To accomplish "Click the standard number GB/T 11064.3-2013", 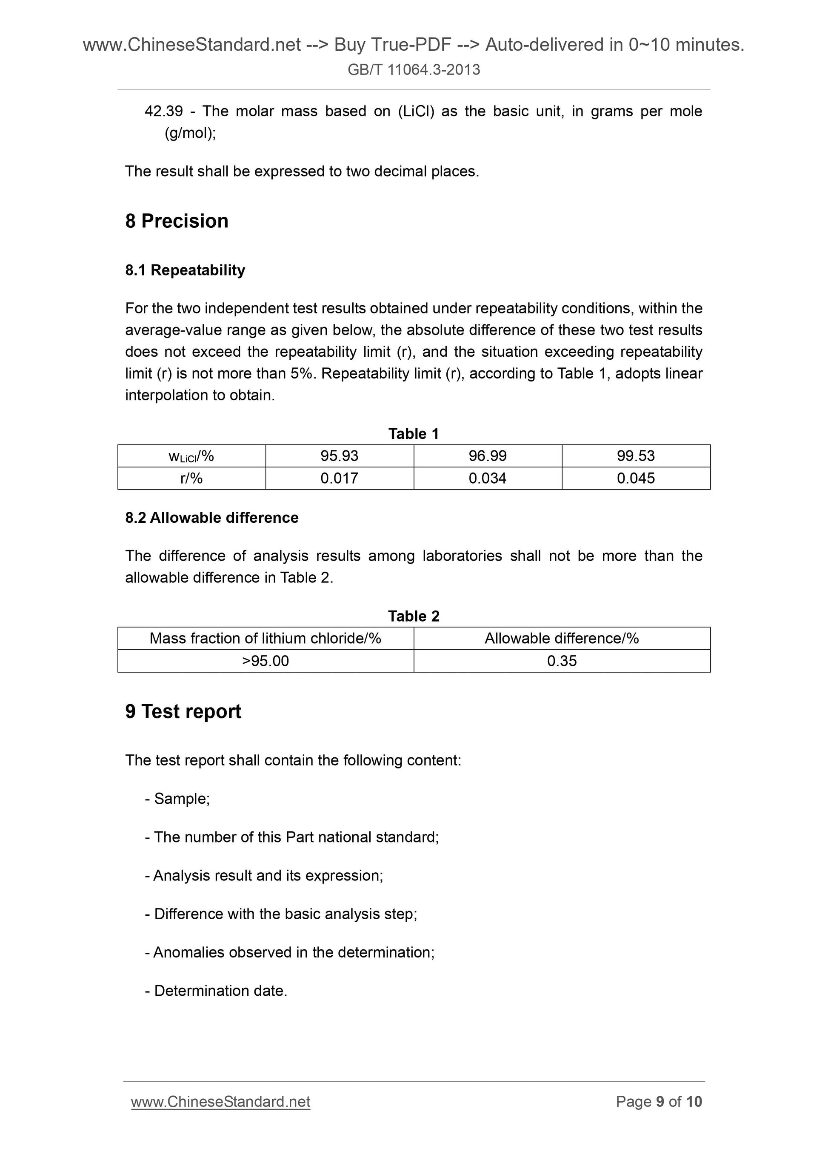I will pyautogui.click(x=414, y=69).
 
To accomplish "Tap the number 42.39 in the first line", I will pyautogui.click(x=163, y=111).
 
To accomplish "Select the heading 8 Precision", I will pyautogui.click(x=177, y=221).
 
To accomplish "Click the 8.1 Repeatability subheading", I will pyautogui.click(x=185, y=270).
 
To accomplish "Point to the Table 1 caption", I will pyautogui.click(x=413, y=433).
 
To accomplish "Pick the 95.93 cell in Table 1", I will pyautogui.click(x=339, y=456).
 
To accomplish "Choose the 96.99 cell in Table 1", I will pyautogui.click(x=488, y=456).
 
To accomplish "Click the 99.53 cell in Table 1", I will pyautogui.click(x=636, y=456).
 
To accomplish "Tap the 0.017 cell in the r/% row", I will pyautogui.click(x=339, y=479).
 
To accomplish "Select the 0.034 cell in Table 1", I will pyautogui.click(x=488, y=479).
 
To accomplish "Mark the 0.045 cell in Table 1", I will pyautogui.click(x=636, y=479).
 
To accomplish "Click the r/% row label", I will pyautogui.click(x=191, y=479).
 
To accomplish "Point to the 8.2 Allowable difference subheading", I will pyautogui.click(x=212, y=518).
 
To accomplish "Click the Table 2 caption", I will pyautogui.click(x=413, y=616).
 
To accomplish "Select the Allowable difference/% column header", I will pyautogui.click(x=562, y=639).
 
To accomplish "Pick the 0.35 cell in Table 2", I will pyautogui.click(x=562, y=661).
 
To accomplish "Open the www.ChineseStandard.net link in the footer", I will pyautogui.click(x=220, y=1102).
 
